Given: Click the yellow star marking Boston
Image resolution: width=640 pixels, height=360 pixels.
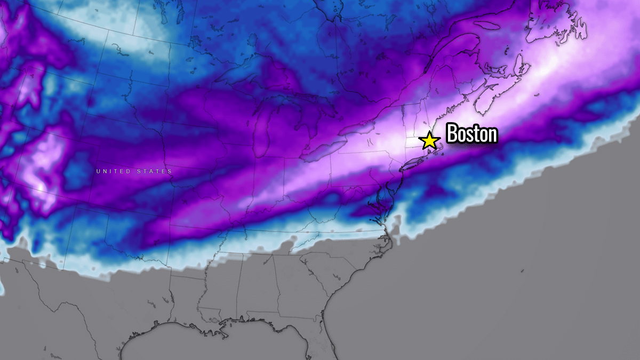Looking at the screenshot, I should click(x=429, y=141).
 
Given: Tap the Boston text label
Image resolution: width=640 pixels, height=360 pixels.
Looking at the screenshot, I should click(x=471, y=133).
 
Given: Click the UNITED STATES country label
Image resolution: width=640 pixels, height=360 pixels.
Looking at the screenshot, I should click(x=134, y=171).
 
